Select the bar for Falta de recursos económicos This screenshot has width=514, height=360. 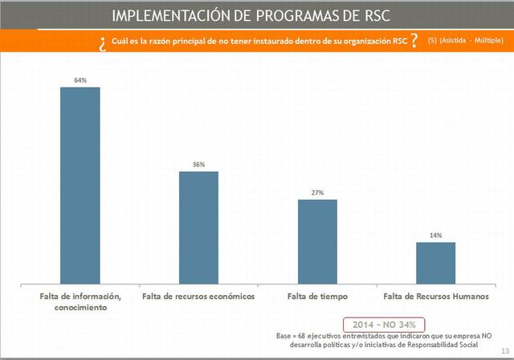click(198, 224)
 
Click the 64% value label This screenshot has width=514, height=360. click(80, 80)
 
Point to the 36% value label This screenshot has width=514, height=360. click(198, 165)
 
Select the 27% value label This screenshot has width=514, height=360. click(317, 193)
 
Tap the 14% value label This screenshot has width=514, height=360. click(435, 235)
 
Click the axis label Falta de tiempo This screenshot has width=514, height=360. click(316, 297)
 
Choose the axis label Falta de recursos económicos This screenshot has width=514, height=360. click(198, 297)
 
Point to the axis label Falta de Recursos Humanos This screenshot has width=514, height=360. click(436, 297)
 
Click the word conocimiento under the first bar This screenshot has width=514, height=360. click(80, 308)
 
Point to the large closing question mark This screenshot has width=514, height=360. click(413, 41)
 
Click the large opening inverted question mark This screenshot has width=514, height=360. click(103, 43)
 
